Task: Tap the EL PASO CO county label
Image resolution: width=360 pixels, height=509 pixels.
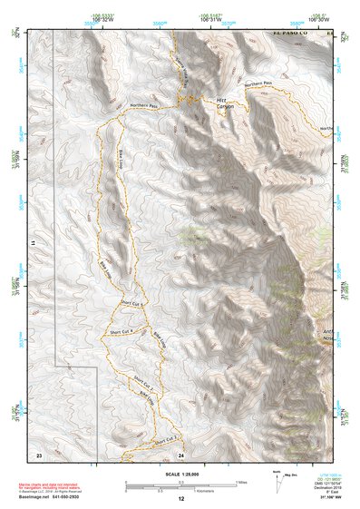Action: (292, 34)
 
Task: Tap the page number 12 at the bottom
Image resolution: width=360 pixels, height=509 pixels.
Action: (181, 499)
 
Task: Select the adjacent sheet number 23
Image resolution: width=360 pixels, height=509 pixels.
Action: (39, 453)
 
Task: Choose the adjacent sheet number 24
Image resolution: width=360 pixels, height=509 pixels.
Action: (181, 453)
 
